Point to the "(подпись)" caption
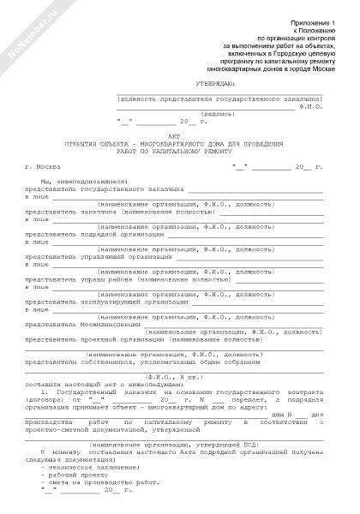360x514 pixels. click(x=219, y=113)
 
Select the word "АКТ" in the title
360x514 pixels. click(x=179, y=134)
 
